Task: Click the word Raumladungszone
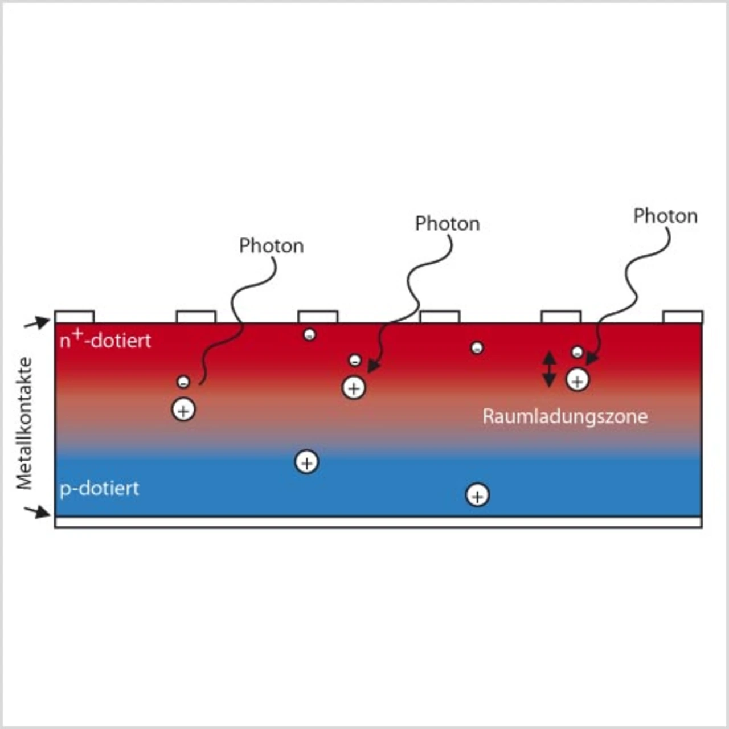[x=565, y=417]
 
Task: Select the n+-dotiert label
[x=105, y=339]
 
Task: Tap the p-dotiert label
[x=100, y=489]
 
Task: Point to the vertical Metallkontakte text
[x=24, y=423]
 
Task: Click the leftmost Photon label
[x=272, y=246]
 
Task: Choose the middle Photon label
[x=448, y=224]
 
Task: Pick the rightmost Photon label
[x=665, y=216]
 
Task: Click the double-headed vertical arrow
[x=549, y=369]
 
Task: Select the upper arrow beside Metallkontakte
[x=37, y=323]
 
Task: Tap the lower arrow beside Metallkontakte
[x=37, y=512]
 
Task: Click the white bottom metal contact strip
[x=378, y=522]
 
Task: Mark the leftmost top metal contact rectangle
[x=75, y=317]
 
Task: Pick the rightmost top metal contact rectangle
[x=683, y=317]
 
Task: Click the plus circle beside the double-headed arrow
[x=578, y=380]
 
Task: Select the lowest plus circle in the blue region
[x=477, y=495]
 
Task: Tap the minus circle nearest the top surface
[x=309, y=334]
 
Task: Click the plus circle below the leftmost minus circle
[x=183, y=409]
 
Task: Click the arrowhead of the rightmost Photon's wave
[x=591, y=359]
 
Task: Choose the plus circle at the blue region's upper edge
[x=307, y=462]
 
